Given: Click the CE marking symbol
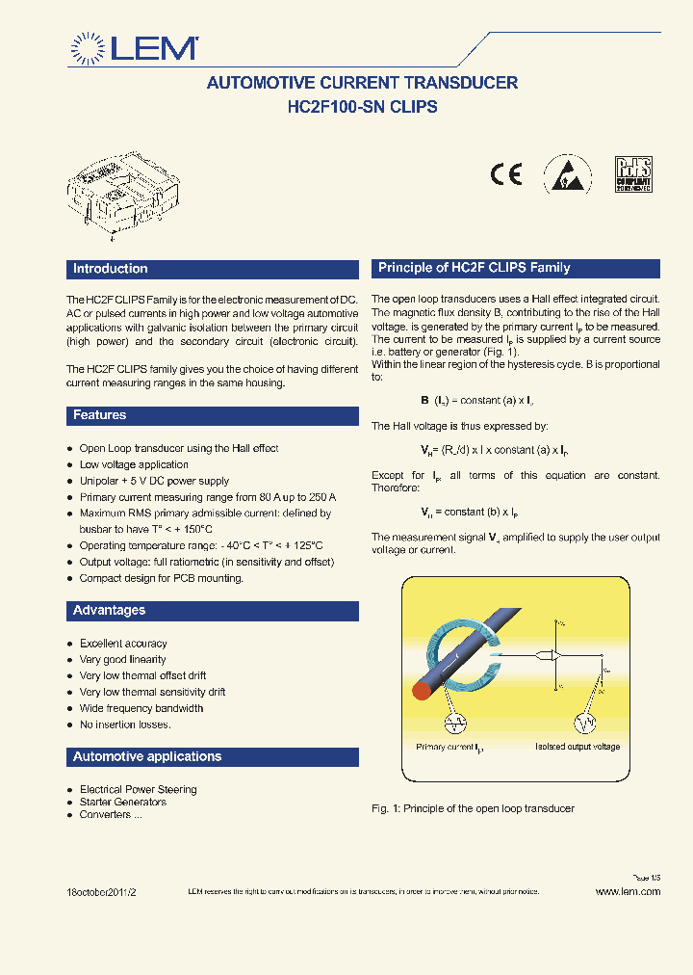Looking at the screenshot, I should tap(505, 174).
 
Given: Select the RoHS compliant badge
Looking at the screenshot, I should tap(633, 174).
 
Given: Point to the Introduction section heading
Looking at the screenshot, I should tap(111, 269).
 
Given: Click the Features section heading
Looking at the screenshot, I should tap(100, 415).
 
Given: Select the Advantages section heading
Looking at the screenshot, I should tap(110, 611).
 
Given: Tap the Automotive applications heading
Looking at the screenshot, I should tap(147, 757).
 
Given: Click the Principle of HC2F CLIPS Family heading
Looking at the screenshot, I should tap(475, 268).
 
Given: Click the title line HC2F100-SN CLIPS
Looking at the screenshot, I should tap(362, 107).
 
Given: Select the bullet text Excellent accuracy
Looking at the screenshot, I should tap(123, 644).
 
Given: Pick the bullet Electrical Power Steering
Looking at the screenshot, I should tap(138, 789).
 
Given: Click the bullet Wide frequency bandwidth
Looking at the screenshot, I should tap(141, 708).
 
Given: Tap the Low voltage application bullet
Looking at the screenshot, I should tap(134, 464).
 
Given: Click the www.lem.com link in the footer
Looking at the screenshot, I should tap(628, 892).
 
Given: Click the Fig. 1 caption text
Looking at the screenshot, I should tap(473, 808).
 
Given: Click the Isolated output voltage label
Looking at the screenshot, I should tap(577, 747).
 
